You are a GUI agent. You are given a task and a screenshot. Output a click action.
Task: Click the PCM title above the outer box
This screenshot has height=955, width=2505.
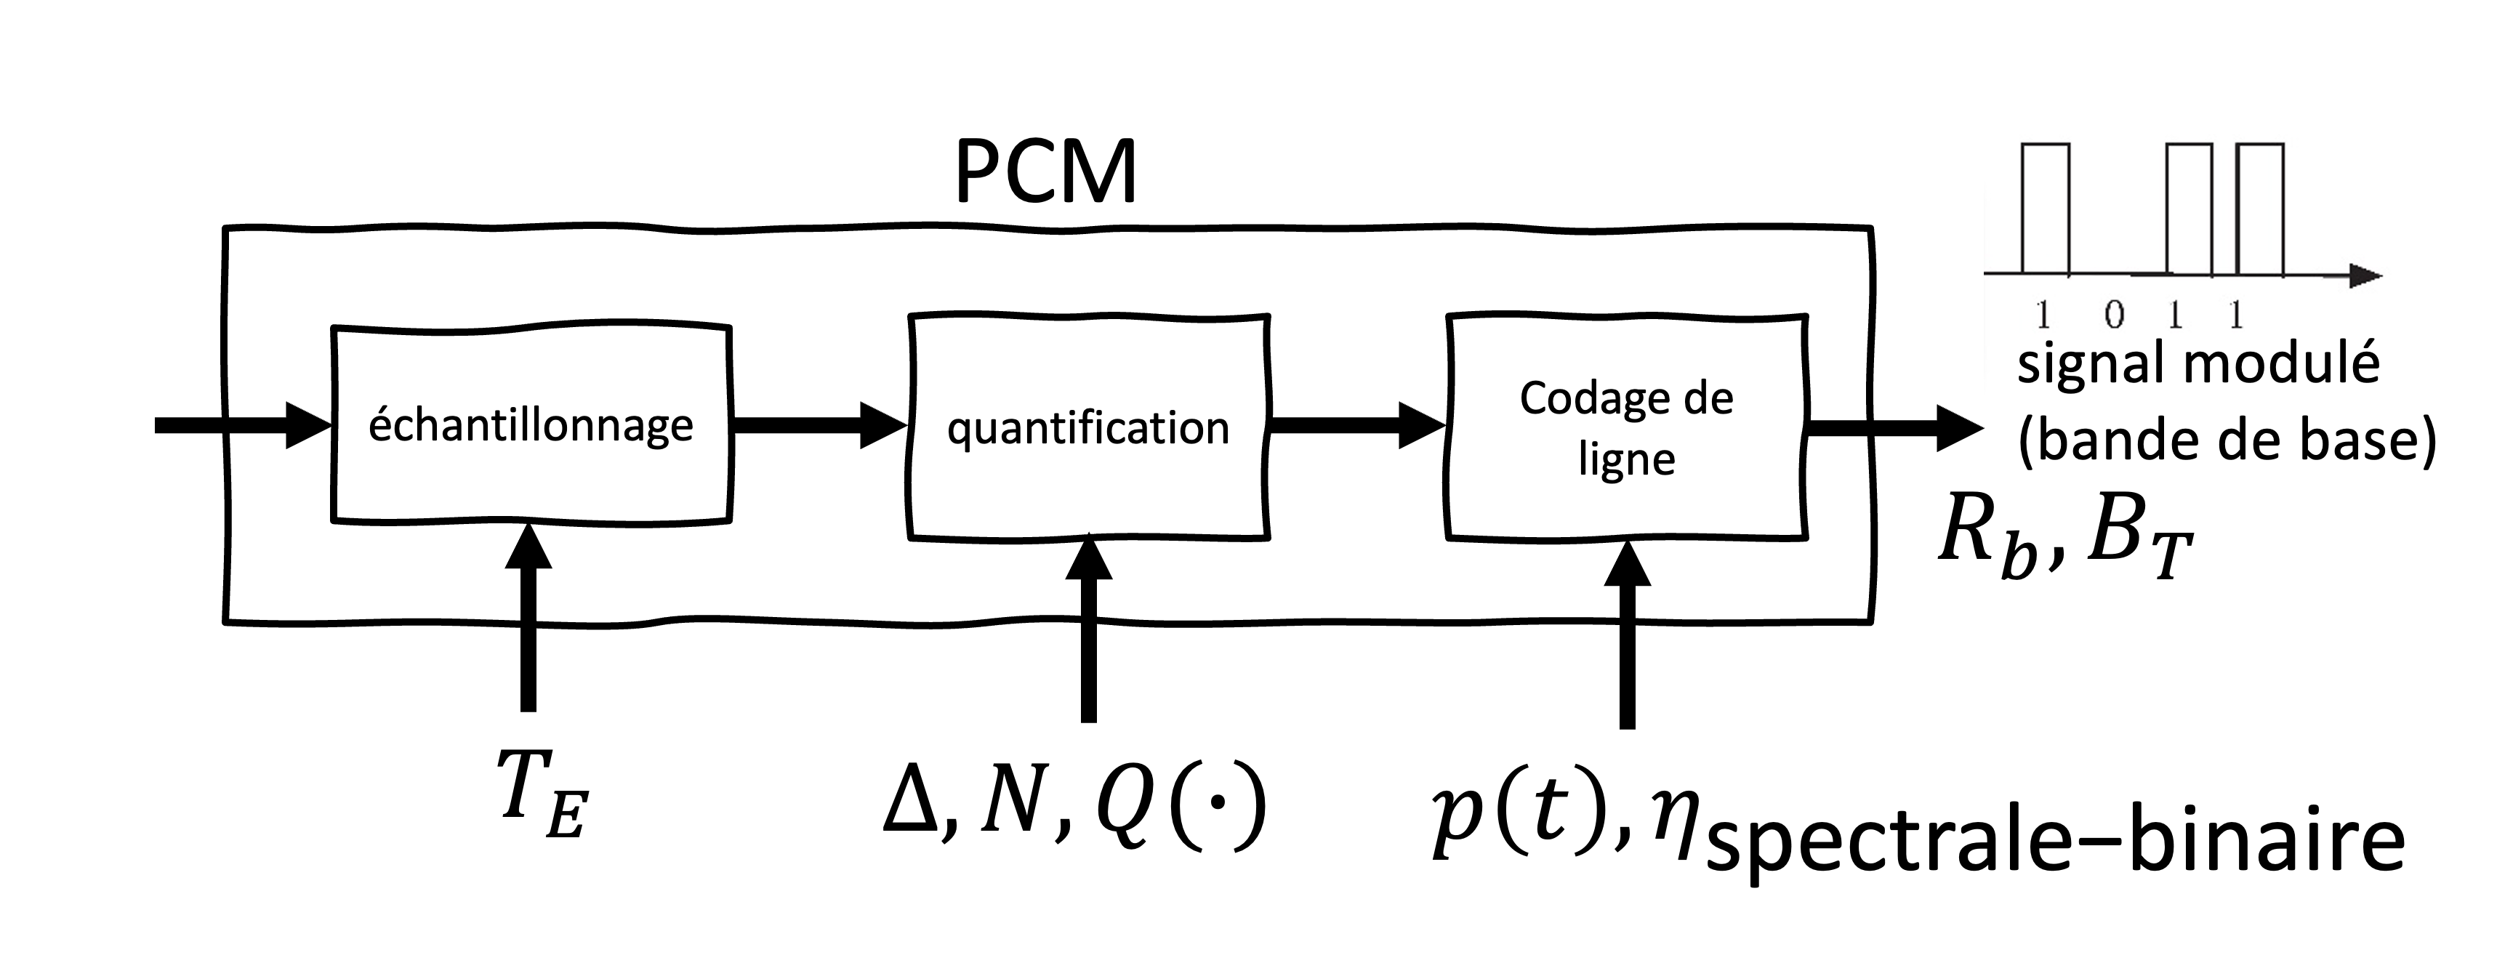coord(1045,173)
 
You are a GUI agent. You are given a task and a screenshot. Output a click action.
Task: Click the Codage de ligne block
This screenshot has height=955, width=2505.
coord(1626,427)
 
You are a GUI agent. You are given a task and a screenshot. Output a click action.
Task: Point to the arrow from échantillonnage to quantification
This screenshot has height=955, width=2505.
coord(817,425)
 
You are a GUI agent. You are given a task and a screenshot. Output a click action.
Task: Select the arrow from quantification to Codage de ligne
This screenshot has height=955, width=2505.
coord(1356,425)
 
